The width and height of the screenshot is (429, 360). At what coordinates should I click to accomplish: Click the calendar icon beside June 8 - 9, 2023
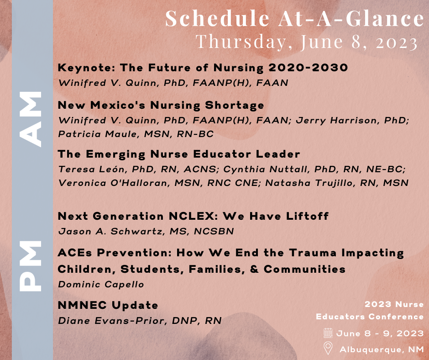328,333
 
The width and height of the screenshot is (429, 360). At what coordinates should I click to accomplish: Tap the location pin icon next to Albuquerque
328,348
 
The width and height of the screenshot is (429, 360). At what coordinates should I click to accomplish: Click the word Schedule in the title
218,18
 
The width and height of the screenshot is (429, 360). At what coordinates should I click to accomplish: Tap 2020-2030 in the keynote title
309,68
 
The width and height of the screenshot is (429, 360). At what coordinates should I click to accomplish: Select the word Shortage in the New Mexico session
235,106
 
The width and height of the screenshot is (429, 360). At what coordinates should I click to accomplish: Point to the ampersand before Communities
255,269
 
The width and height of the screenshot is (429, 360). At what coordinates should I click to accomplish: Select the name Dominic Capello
101,284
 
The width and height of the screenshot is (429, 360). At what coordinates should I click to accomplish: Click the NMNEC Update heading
108,305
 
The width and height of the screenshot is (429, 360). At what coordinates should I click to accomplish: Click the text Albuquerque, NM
382,349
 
